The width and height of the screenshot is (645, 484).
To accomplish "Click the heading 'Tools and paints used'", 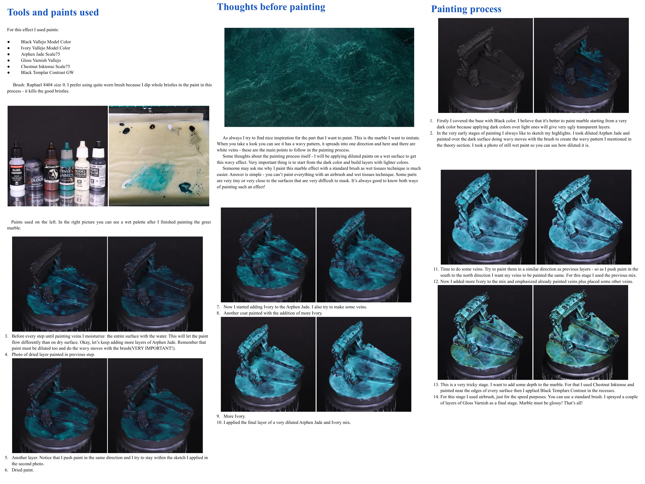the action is pos(53,12).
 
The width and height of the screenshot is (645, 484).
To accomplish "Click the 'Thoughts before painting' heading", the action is pos(271,7).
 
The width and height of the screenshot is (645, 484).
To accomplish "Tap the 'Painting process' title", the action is pos(466,9).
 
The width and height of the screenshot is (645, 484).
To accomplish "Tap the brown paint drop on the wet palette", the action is pos(152,127).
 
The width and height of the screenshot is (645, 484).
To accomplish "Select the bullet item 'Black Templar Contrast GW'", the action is pos(47,73).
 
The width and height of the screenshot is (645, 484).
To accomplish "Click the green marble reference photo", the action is pos(319,77).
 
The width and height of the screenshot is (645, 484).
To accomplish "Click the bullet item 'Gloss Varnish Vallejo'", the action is pos(41,60).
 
